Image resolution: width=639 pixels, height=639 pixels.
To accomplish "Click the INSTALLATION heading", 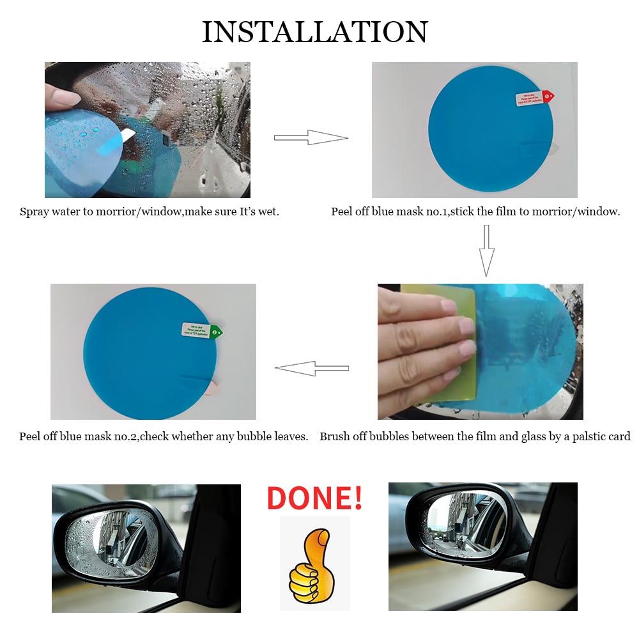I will point(314,32).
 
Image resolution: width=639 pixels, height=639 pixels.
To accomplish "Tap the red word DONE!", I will point(314,498).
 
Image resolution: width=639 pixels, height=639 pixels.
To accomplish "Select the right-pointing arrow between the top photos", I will point(311,137).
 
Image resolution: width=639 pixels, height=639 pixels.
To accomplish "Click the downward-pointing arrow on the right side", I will point(487,250).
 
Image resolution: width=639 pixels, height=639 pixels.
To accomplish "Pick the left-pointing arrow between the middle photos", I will point(311,368).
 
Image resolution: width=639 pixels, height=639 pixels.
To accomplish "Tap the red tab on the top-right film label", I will point(548,96).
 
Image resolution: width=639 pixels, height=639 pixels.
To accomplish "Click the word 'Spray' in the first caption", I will point(34,212).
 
